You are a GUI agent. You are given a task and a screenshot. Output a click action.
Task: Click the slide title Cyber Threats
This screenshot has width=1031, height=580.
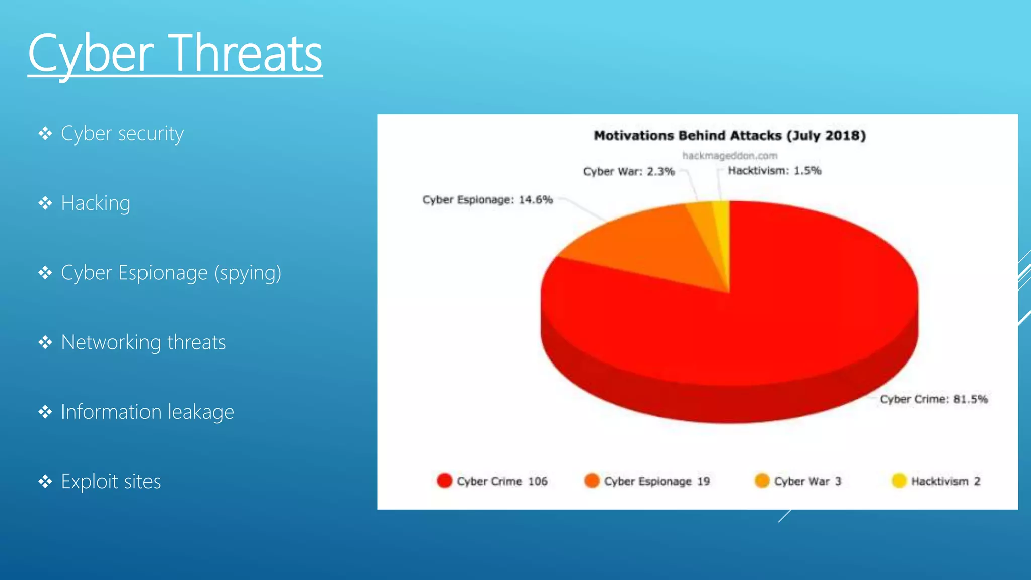coord(175,53)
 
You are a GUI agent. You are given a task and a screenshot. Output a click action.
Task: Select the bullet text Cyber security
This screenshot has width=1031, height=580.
coord(122,134)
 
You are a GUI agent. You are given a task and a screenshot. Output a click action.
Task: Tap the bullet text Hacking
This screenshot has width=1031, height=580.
coord(96,203)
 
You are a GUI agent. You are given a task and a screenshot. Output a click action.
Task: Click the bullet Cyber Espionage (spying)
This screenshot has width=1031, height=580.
coord(171,273)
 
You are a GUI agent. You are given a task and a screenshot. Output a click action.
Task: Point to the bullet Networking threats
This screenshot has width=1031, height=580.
coord(143,342)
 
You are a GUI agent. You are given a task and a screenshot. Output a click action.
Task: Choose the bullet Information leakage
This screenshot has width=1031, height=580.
coord(148,412)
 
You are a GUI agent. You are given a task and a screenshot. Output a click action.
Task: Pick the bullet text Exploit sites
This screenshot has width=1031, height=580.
coord(111,482)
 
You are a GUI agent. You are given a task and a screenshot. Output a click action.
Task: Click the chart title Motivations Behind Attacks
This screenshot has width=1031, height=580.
coord(729,136)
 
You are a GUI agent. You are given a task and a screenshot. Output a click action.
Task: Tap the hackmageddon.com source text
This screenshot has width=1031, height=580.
coord(729,156)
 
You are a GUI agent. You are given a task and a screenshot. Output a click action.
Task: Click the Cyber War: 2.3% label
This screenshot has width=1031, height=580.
coord(628,172)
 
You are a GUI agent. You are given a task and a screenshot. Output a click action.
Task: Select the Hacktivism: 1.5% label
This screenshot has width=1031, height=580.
coord(774,171)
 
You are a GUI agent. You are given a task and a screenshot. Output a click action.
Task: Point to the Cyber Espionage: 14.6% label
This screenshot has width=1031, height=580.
coord(487,200)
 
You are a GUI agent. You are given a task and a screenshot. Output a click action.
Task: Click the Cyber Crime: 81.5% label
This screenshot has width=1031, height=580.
coord(933,399)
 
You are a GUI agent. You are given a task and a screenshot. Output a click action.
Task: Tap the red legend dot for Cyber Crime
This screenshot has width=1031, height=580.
coord(445,481)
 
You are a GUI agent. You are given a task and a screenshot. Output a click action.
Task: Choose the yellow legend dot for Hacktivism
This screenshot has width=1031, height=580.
coord(899,481)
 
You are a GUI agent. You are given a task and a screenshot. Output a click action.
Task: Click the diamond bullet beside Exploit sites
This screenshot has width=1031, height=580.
coord(45,482)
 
